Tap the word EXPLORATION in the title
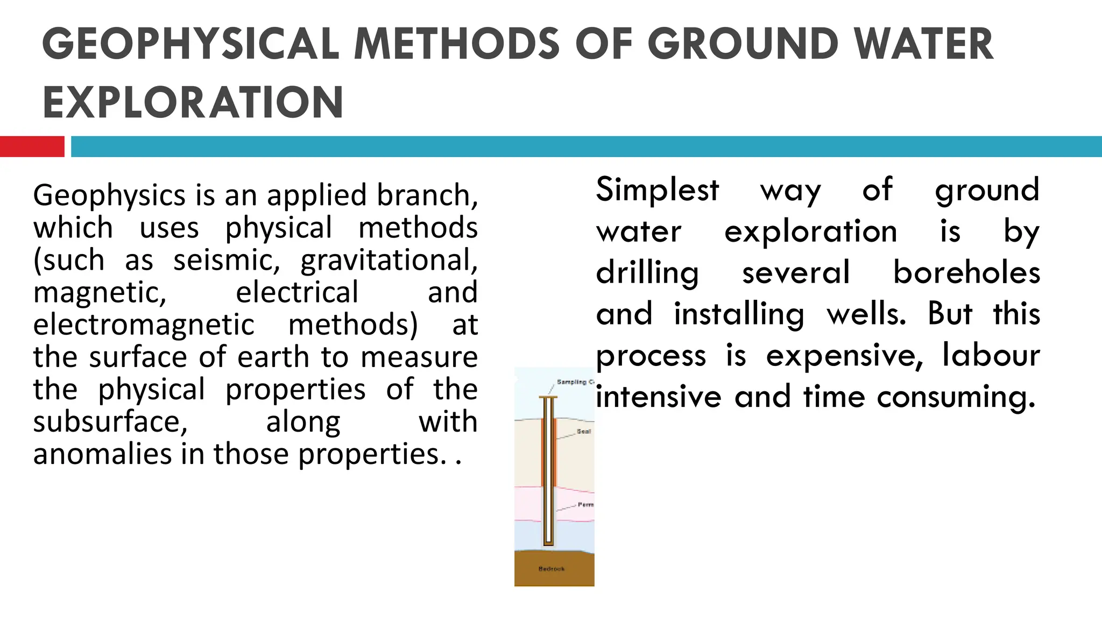pos(193,102)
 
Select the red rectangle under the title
pos(32,146)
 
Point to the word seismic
pos(227,260)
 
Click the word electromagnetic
pos(144,325)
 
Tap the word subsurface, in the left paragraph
pos(110,421)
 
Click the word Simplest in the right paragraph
pos(657,189)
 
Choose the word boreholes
pos(966,272)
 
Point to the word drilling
pos(647,272)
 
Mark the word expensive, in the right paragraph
pos(844,355)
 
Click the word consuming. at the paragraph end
pos(956,397)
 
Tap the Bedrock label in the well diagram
pos(552,569)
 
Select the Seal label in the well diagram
pos(584,432)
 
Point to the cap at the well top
pos(548,398)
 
